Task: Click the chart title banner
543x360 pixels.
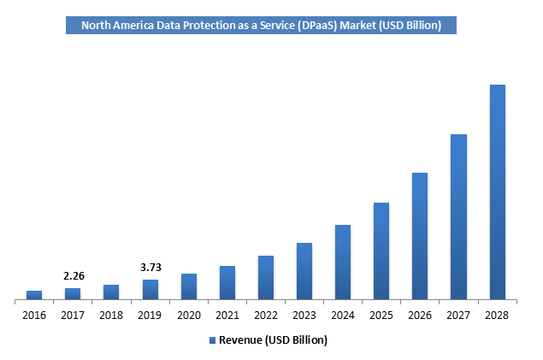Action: pos(261,26)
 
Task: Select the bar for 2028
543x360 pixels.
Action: pos(497,192)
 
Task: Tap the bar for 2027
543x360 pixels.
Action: pos(458,217)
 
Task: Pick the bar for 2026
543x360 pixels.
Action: pos(420,236)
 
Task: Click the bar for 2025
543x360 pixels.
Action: pos(381,251)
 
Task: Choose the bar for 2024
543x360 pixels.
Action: pos(343,263)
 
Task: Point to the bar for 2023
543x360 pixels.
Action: pos(304,271)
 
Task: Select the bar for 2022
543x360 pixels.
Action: pos(266,278)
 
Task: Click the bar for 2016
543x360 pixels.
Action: pos(34,295)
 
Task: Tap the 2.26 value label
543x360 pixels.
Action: pos(74,276)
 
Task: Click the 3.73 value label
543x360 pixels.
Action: pos(151,268)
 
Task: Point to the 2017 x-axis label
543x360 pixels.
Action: pos(73,315)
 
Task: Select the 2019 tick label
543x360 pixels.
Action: pos(150,315)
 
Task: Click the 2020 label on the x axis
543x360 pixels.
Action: pos(188,315)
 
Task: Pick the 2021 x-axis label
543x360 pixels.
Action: pos(227,315)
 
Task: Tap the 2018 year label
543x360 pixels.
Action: pos(111,315)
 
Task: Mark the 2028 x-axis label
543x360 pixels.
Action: pos(497,315)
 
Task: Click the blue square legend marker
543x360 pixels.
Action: pos(213,340)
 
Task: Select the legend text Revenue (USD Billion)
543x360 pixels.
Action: pos(273,340)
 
